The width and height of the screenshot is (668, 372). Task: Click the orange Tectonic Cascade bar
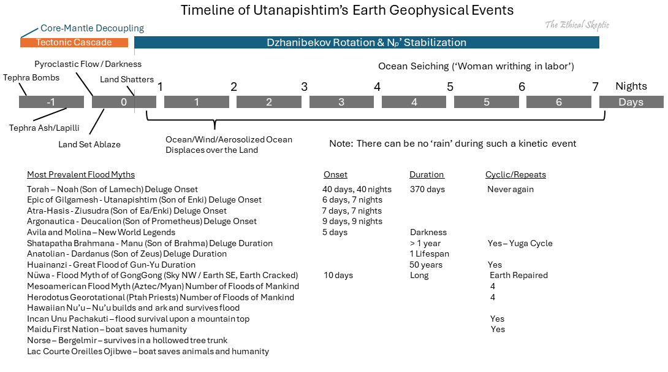click(x=74, y=42)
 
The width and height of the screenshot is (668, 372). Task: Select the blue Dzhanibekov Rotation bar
click(x=366, y=42)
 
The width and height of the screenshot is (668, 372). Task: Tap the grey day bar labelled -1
click(x=51, y=102)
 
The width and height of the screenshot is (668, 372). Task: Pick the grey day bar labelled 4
click(x=414, y=102)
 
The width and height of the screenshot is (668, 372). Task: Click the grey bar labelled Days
click(x=631, y=102)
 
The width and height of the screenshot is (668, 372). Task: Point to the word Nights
click(x=631, y=87)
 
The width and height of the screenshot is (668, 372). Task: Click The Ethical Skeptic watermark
click(x=577, y=25)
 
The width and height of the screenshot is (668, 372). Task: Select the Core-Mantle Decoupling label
click(x=92, y=28)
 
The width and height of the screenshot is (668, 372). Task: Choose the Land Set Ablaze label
click(x=89, y=144)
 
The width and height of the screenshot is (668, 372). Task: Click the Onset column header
click(x=335, y=174)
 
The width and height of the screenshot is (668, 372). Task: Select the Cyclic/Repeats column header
click(x=515, y=174)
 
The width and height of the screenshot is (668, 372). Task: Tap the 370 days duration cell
click(x=427, y=189)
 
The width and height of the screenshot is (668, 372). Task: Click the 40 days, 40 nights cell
click(x=357, y=189)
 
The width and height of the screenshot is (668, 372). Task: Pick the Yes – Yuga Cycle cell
click(x=520, y=243)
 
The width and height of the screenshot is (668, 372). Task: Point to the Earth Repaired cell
click(x=518, y=275)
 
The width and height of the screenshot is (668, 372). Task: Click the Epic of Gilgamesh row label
click(x=144, y=200)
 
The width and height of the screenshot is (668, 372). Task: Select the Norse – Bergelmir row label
click(x=127, y=340)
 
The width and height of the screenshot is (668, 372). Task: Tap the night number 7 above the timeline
click(x=595, y=87)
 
